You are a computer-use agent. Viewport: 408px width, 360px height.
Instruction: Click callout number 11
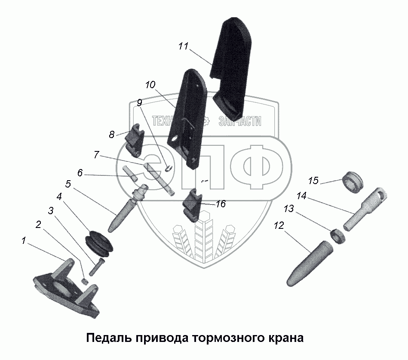184,47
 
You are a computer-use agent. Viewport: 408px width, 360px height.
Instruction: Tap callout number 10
150,85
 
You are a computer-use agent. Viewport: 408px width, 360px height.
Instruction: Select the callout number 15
313,181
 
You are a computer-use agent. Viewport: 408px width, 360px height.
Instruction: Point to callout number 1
23,241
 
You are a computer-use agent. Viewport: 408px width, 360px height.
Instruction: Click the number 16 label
220,204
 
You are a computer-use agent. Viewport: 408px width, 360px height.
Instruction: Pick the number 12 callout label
279,225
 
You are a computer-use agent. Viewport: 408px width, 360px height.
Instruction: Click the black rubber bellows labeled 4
100,244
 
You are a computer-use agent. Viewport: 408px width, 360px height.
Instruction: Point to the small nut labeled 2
85,281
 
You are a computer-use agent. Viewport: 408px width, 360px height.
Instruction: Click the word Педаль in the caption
108,338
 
